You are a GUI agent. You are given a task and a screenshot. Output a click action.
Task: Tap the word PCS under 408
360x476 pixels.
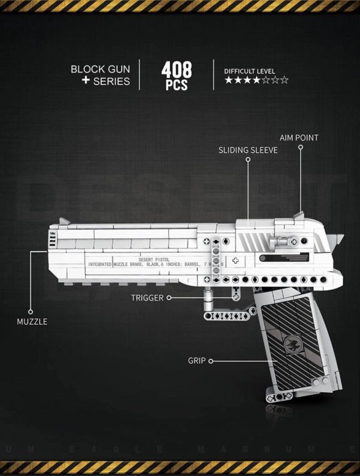tap(176, 85)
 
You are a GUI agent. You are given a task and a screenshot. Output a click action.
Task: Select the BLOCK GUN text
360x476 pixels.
tap(100, 68)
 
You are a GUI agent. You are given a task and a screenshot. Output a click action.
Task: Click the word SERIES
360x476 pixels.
tap(112, 81)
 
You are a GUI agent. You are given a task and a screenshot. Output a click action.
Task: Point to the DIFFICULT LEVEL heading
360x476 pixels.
tap(250, 71)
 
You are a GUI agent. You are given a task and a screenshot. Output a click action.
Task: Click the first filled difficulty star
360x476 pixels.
tap(229, 80)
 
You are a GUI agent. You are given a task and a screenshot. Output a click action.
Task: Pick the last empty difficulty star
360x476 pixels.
tap(284, 80)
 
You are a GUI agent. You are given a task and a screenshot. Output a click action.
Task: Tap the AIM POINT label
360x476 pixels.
tap(299, 137)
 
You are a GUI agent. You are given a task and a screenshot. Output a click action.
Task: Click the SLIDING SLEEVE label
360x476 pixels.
tap(248, 150)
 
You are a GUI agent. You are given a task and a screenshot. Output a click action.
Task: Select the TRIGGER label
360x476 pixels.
tap(147, 297)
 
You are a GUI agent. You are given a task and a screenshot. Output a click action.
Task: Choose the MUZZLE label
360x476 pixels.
tap(32, 321)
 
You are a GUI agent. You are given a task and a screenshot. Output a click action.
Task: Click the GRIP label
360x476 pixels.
tap(196, 361)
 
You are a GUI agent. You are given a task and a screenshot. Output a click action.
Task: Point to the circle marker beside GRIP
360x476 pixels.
tap(211, 361)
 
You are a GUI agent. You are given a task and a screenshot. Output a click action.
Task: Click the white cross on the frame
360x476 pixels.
tap(235, 261)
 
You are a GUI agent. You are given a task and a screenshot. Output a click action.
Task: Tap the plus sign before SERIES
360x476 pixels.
tap(85, 81)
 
